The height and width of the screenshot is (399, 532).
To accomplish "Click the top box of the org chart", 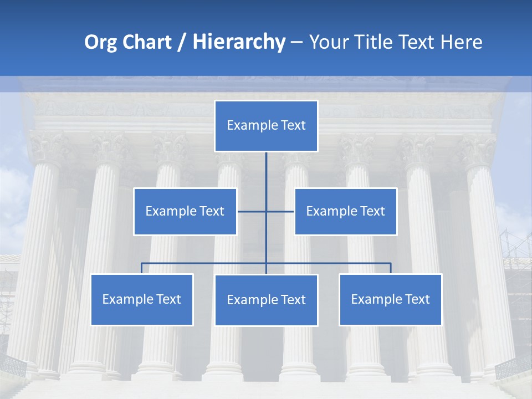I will (266, 126).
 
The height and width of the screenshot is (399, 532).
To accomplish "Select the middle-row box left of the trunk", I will (185, 211).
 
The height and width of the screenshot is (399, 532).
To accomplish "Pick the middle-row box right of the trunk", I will (345, 211).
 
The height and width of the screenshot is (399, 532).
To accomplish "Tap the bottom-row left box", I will (142, 299).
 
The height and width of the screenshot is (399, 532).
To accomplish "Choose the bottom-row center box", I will (266, 300).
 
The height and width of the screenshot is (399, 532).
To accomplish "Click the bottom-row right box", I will (390, 299).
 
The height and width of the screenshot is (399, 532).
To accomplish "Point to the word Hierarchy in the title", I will (238, 42).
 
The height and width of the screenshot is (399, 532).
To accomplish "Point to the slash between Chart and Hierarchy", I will (182, 43).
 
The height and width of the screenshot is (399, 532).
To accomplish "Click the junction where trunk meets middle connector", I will (266, 211).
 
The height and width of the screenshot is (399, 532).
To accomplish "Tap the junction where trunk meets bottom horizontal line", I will (266, 263).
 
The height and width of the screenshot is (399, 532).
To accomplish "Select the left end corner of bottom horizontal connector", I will (142, 263).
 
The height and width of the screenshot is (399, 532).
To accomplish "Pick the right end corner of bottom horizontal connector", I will (390, 263).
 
